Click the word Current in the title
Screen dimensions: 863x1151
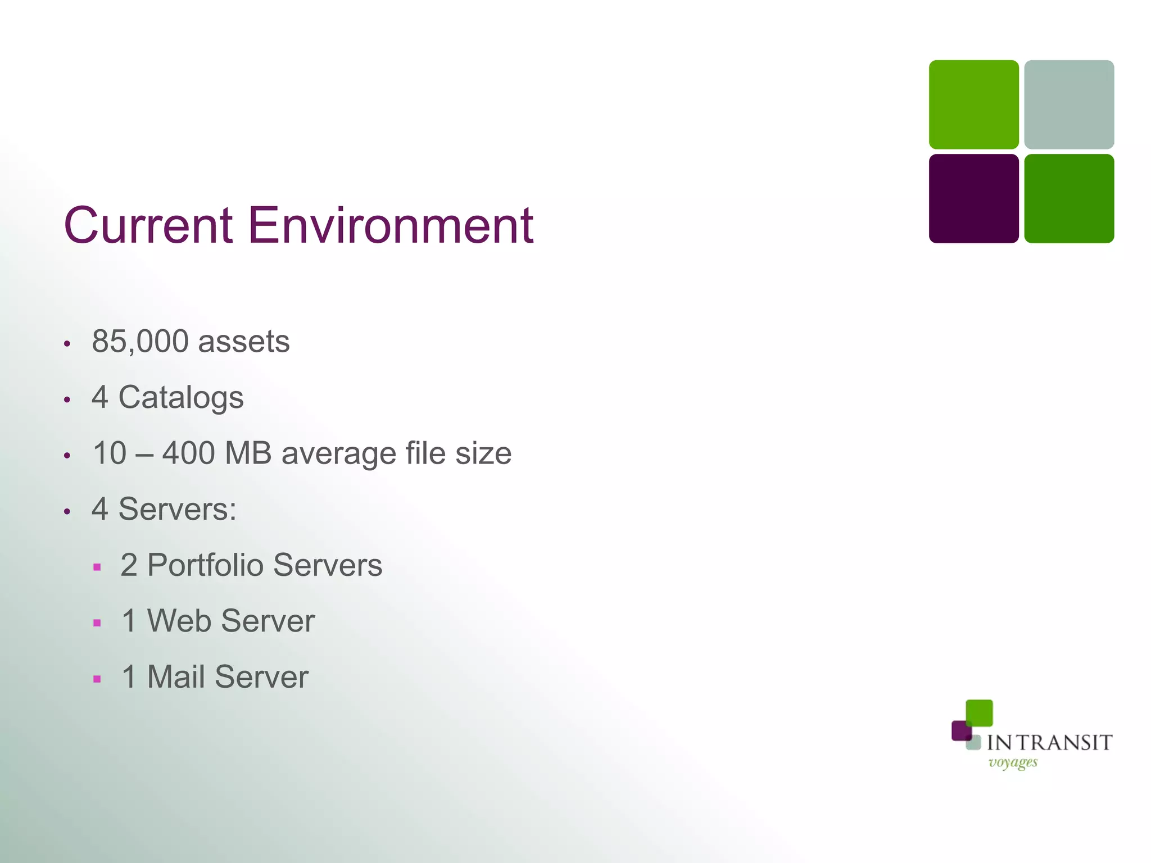point(148,226)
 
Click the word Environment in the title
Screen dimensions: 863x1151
point(390,226)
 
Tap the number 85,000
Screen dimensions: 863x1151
point(140,342)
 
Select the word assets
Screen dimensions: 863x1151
point(244,342)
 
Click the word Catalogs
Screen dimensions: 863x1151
point(181,398)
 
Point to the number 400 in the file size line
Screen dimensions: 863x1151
point(188,453)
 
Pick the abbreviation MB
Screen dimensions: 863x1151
point(248,453)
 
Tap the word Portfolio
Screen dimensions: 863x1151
point(205,565)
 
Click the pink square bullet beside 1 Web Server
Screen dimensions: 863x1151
point(97,623)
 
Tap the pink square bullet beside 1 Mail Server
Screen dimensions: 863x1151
point(97,679)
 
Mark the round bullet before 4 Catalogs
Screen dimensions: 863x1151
point(67,400)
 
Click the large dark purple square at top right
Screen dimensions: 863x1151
point(973,199)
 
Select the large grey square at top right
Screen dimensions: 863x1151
point(1069,105)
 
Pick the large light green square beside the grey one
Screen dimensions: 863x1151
point(973,105)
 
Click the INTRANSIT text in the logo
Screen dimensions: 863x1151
point(1049,743)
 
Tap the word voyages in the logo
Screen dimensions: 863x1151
point(1013,763)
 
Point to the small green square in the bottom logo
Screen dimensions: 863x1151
point(980,712)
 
